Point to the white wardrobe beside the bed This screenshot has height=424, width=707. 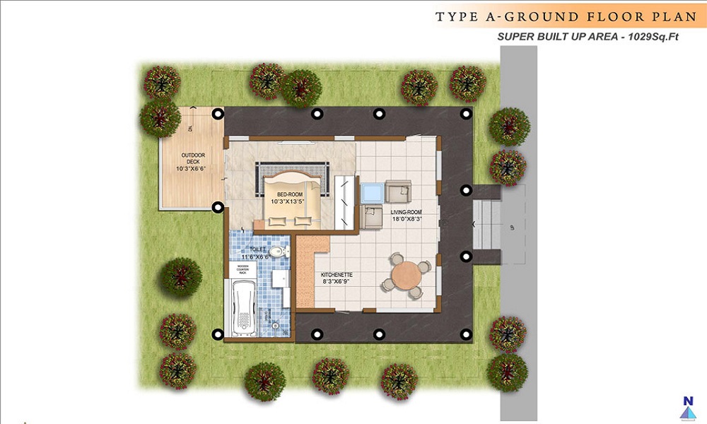coord(345,201)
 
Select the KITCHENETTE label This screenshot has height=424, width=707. coord(337,273)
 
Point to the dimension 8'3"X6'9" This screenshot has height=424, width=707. coord(337,281)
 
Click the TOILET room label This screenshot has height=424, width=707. coord(258,249)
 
